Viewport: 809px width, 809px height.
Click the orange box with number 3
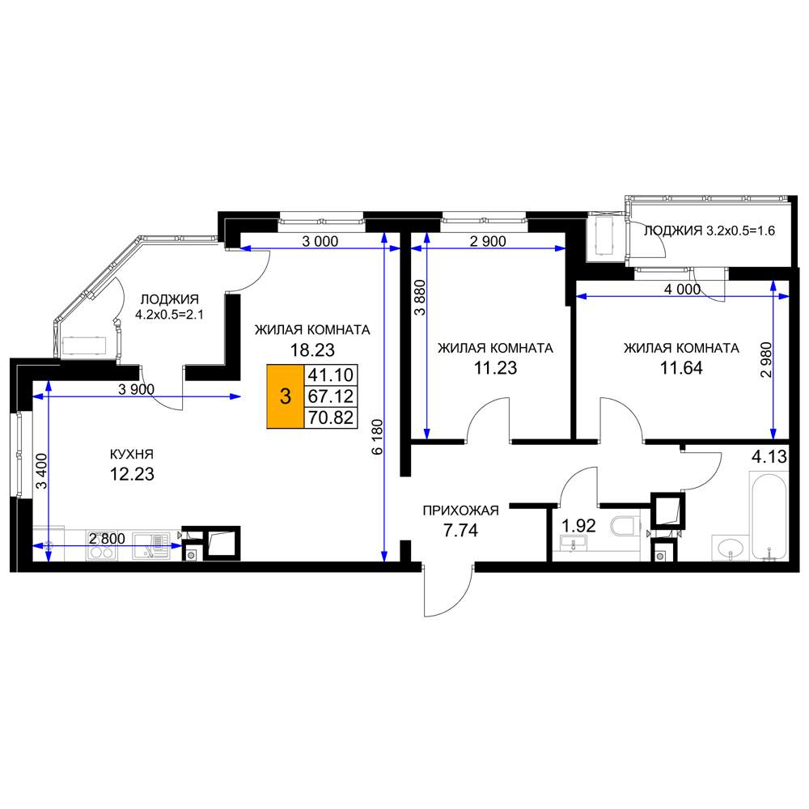click(285, 396)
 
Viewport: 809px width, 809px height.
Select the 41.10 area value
click(330, 375)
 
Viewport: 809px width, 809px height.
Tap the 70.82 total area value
click(330, 417)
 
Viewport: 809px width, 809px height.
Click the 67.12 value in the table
click(330, 396)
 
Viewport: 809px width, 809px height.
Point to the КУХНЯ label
click(132, 454)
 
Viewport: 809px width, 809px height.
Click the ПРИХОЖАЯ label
click(461, 510)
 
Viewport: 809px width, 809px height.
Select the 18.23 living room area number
click(312, 350)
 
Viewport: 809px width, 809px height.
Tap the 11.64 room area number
click(681, 368)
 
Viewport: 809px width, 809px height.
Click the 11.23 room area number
click(495, 368)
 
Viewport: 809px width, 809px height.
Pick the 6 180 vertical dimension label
click(377, 437)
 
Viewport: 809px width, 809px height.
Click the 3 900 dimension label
click(136, 390)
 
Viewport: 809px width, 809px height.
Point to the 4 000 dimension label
click(682, 290)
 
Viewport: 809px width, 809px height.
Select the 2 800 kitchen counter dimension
click(107, 539)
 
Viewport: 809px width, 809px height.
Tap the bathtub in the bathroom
click(769, 515)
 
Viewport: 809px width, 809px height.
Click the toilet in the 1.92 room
click(625, 526)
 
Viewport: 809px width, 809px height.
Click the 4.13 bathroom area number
click(769, 456)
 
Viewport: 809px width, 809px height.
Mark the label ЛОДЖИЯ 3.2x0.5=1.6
click(709, 231)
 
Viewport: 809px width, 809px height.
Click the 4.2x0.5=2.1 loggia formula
click(169, 314)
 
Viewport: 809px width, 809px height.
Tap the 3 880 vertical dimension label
click(421, 297)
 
